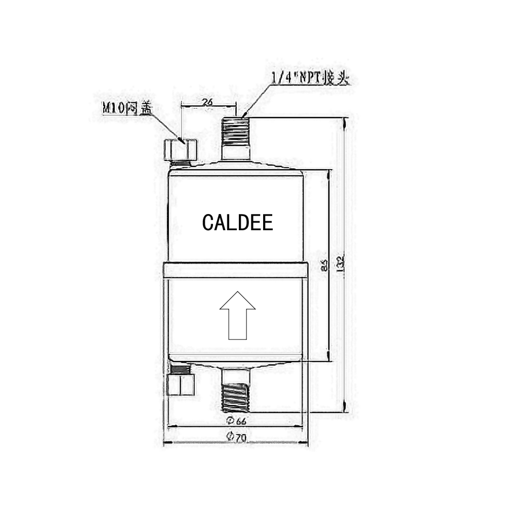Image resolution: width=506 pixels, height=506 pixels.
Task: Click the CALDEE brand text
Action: click(x=237, y=223)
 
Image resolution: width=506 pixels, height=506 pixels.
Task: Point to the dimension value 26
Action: click(x=207, y=102)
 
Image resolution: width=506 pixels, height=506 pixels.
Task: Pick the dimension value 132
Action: click(x=341, y=262)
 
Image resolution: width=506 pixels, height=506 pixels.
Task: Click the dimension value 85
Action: click(x=324, y=266)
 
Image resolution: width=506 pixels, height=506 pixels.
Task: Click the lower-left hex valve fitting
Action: click(x=180, y=383)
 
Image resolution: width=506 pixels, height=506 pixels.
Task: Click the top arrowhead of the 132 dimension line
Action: click(x=345, y=121)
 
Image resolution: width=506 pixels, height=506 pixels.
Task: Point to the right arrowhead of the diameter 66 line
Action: click(x=303, y=426)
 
